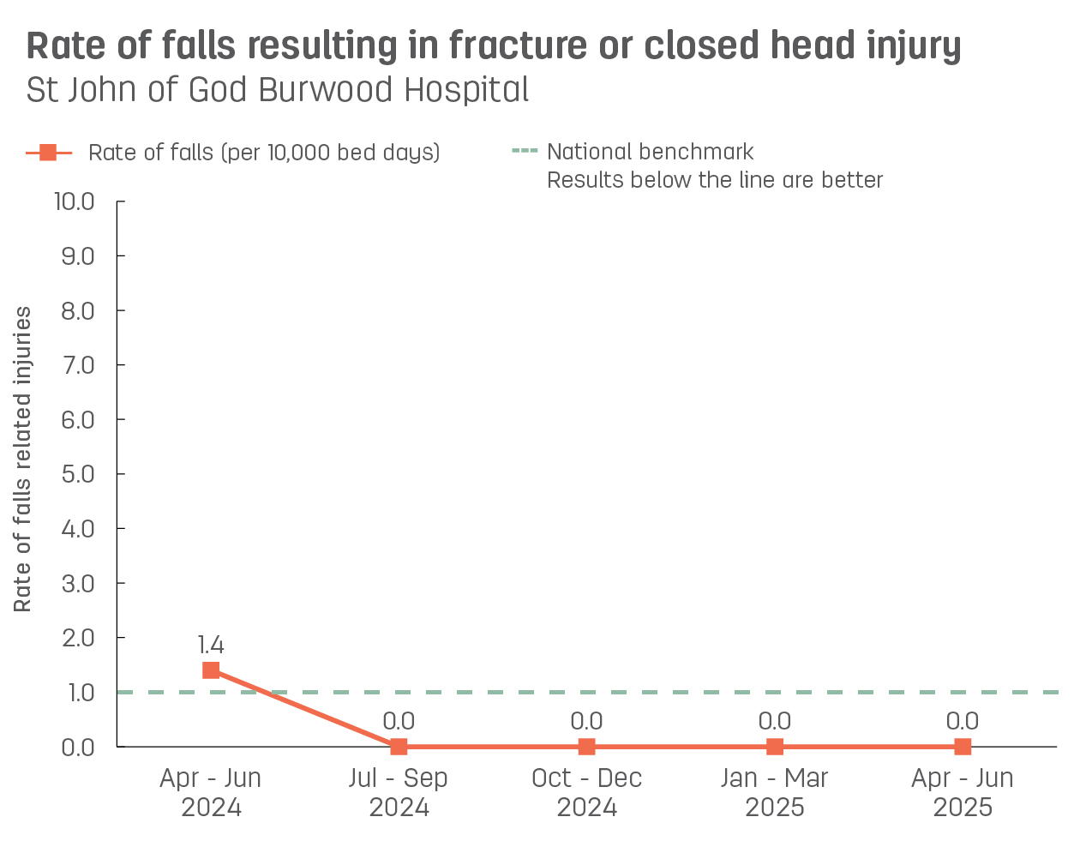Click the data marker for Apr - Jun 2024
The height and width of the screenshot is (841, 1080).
coord(211,670)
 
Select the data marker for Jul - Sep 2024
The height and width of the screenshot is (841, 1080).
coord(399,747)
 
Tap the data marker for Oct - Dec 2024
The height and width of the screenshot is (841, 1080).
coord(586,747)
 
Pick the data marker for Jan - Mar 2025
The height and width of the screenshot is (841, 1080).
coord(775,747)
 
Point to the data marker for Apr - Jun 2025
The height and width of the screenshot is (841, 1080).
coord(963,747)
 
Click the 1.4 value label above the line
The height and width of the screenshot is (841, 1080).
coord(211,645)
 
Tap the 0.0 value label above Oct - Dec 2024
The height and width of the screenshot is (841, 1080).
coord(586,722)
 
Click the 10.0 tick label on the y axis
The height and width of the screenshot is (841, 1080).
coord(75,201)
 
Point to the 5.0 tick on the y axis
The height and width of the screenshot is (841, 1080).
coord(78,474)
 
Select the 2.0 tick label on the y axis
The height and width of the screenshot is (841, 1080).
coord(78,638)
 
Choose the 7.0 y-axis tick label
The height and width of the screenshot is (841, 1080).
coord(78,365)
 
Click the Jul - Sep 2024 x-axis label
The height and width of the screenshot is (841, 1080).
coord(399,792)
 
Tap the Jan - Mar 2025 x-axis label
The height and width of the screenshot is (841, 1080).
coord(775,792)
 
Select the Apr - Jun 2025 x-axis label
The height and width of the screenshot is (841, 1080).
coord(963,792)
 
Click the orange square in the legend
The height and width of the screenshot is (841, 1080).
coord(49,153)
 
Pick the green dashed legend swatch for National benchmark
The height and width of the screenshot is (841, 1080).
coord(525,152)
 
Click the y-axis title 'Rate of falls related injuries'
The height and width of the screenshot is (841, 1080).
coord(23,460)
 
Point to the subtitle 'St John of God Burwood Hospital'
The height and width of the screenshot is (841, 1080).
coord(278,90)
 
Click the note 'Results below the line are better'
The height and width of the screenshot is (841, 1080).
coord(715,180)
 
